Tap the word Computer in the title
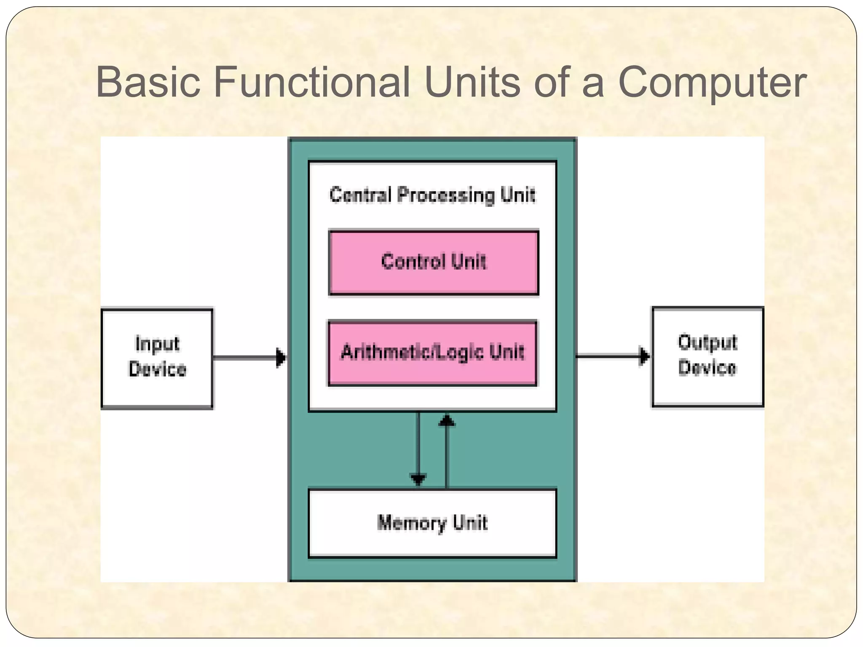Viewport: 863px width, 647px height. click(712, 83)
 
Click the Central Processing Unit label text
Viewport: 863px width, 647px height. click(432, 195)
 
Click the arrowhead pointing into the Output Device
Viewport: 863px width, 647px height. click(645, 356)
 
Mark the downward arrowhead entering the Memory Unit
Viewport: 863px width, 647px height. click(418, 479)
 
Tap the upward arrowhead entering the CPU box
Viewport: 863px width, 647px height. click(447, 421)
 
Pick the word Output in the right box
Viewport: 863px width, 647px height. click(708, 343)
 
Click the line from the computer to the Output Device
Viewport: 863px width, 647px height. click(607, 356)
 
